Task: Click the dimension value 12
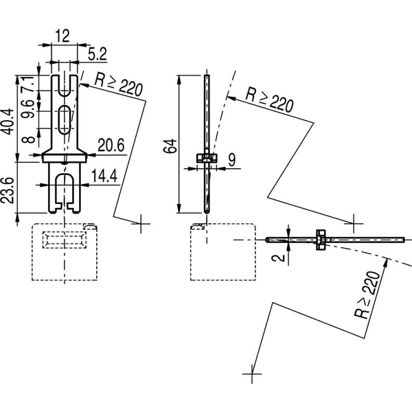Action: point(62,36)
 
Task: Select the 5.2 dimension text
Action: point(98,54)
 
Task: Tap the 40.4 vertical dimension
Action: point(8,121)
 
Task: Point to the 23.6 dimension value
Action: point(7,190)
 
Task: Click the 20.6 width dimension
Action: point(111,145)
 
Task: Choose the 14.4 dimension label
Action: point(104,176)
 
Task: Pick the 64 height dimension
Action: point(170,146)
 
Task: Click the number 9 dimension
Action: point(232,160)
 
